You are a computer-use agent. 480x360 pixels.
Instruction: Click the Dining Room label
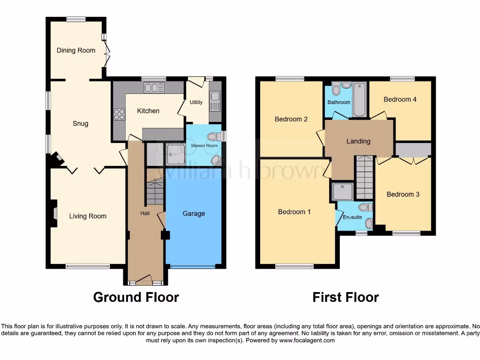76,50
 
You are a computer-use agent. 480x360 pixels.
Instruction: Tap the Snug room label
80,124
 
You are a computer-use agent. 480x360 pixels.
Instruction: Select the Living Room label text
88,216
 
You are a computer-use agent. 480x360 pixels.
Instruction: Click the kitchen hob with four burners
119,114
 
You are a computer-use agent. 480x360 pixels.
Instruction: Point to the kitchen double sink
154,87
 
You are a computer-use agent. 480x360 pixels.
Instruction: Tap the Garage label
194,214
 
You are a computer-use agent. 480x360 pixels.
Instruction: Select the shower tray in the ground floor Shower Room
174,154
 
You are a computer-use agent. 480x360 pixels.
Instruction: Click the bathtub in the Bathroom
359,99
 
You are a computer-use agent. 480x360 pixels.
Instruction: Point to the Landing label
358,141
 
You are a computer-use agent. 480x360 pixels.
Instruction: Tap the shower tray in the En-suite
343,191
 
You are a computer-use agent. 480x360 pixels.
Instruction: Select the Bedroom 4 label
400,99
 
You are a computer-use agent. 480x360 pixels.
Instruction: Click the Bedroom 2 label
291,119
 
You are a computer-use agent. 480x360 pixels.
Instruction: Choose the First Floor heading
345,297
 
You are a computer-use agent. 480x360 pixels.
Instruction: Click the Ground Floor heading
136,297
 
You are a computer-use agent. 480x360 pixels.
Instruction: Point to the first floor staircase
364,178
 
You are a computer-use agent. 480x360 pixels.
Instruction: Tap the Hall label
145,213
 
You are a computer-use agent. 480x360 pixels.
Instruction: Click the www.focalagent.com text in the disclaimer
307,340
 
